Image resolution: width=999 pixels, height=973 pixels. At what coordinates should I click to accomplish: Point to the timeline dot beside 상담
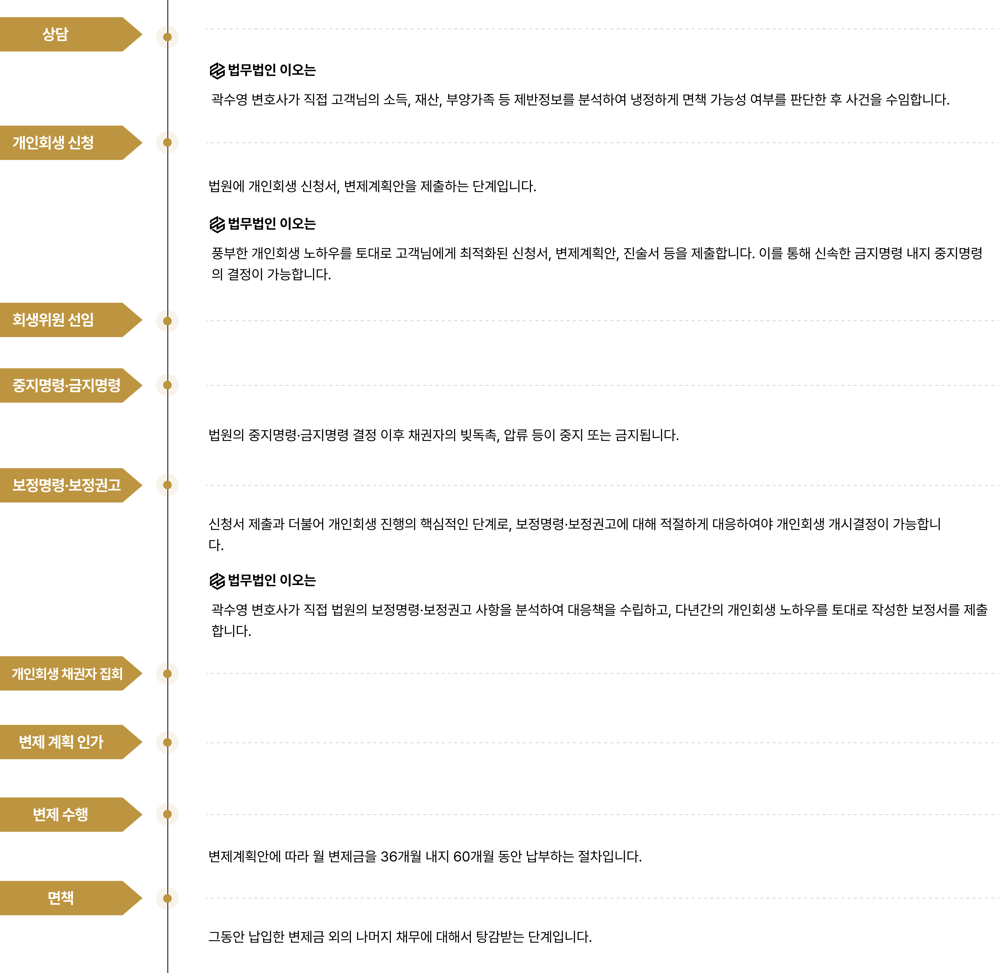pos(167,37)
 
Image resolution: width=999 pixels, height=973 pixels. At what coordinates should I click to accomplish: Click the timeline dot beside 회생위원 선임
pos(167,321)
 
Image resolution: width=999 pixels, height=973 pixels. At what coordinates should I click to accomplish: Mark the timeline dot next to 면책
pos(167,898)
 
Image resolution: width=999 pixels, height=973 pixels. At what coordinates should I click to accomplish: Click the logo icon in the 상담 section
pos(217,71)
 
